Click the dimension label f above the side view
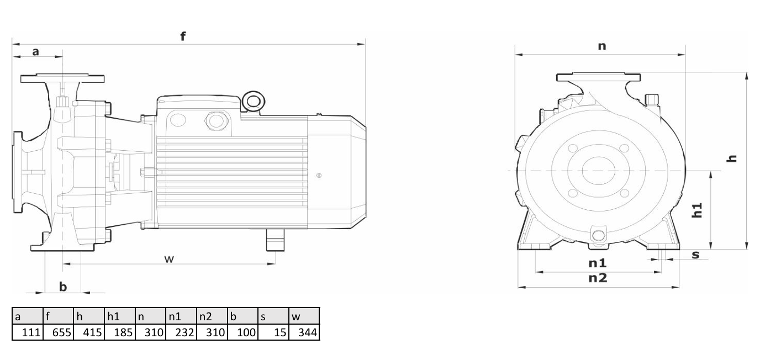coord(183,36)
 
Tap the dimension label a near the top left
coord(35,52)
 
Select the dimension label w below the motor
coord(169,259)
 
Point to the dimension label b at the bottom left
coord(63,287)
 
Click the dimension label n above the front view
coord(601,46)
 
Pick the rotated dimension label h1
coord(697,210)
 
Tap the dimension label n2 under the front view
coord(598,278)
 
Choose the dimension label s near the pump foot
coord(695,255)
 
